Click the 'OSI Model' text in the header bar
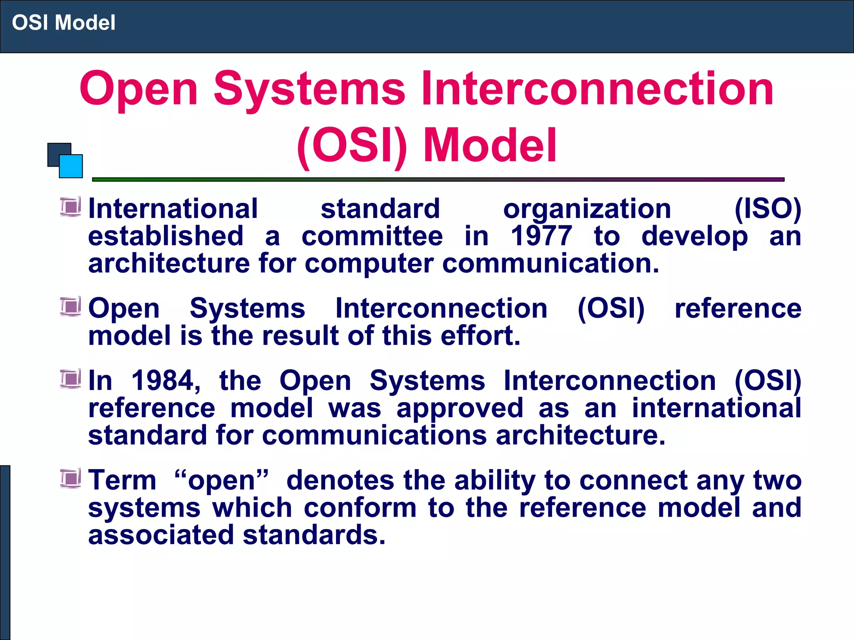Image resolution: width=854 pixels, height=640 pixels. coord(63,22)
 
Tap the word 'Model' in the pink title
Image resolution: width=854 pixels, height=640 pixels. coord(490,145)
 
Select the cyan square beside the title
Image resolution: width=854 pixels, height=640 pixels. coord(71,166)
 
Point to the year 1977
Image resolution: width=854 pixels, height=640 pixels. coord(541,236)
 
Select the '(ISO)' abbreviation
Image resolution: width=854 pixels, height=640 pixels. coord(768,209)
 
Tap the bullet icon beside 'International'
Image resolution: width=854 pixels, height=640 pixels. coord(70,207)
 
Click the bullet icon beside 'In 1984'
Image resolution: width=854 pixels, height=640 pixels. coord(70,379)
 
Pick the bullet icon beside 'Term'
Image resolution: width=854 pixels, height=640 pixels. coord(70,478)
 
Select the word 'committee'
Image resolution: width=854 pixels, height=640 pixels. coord(372,236)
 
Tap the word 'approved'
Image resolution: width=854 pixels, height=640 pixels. coord(460,408)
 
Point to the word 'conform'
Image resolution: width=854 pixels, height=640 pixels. coord(360,508)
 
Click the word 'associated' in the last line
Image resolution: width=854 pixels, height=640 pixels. coord(161,535)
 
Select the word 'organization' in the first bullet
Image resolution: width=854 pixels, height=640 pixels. coord(587,209)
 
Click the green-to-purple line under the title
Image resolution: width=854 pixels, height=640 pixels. coord(438,180)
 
